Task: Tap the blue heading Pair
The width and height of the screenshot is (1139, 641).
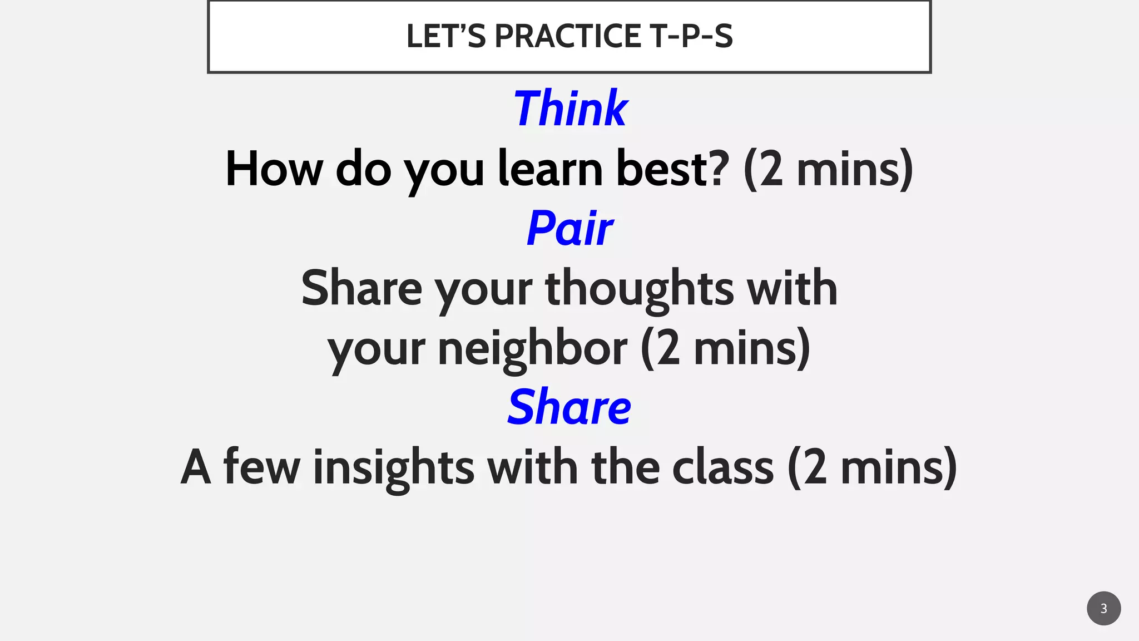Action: tap(569, 228)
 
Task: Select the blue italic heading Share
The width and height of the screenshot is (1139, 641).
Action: tap(569, 407)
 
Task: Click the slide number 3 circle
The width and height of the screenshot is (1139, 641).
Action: tap(1103, 608)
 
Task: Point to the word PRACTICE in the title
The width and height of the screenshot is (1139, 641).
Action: tap(568, 36)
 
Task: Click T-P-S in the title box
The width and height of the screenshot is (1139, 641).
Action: tap(691, 36)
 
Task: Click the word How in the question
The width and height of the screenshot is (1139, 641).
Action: tap(274, 169)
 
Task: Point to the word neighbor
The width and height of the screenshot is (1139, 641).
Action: tap(533, 349)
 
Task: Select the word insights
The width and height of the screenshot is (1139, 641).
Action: tap(394, 467)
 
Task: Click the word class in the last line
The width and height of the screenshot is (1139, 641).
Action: tap(723, 467)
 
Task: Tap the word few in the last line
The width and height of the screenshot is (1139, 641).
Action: tap(261, 467)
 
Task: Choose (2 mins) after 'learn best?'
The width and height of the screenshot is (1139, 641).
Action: tap(828, 169)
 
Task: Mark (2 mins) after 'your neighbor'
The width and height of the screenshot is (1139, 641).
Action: tap(725, 349)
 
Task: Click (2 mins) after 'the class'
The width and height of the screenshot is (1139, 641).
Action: tap(872, 467)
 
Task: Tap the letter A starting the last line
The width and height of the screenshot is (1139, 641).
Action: tap(196, 467)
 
